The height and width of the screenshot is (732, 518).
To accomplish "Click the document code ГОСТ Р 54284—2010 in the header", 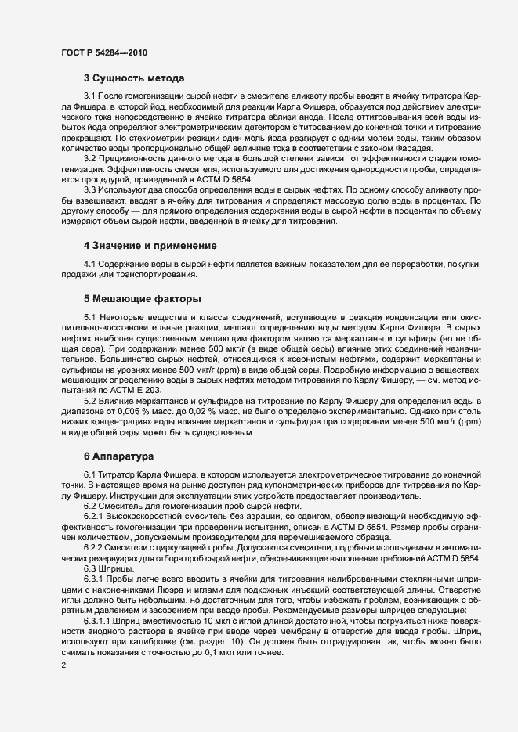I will point(103,52).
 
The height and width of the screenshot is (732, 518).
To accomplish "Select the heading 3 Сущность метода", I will point(134,78).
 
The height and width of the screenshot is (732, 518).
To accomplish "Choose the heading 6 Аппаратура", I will point(119,455).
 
